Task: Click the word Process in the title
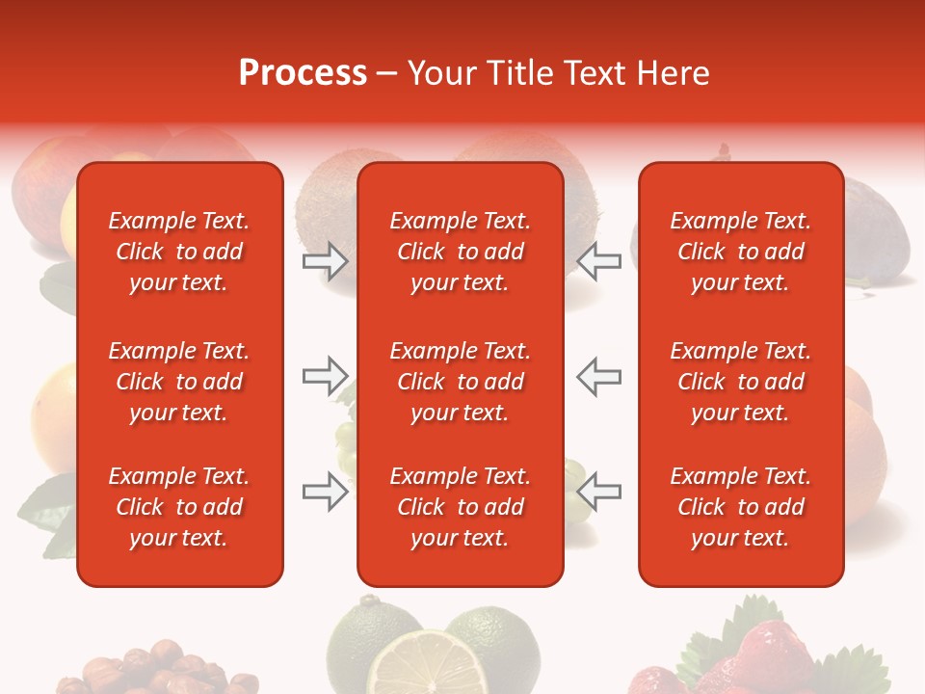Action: (x=303, y=73)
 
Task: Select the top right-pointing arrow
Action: (x=326, y=261)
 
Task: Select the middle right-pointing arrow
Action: (x=326, y=376)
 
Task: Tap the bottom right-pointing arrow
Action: (x=326, y=492)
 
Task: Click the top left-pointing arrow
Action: (x=599, y=261)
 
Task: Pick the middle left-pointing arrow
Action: (x=599, y=376)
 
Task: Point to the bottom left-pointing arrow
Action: (x=599, y=492)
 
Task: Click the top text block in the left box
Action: (x=179, y=252)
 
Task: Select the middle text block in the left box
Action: (x=179, y=382)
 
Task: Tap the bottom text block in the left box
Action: (x=179, y=507)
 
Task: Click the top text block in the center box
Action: (x=460, y=252)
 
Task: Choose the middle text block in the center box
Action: (x=460, y=382)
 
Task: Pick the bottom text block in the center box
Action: (x=460, y=507)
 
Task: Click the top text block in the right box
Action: (x=740, y=252)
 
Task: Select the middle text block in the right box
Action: (x=740, y=382)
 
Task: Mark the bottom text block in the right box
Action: (x=740, y=507)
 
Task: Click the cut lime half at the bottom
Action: (x=424, y=665)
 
